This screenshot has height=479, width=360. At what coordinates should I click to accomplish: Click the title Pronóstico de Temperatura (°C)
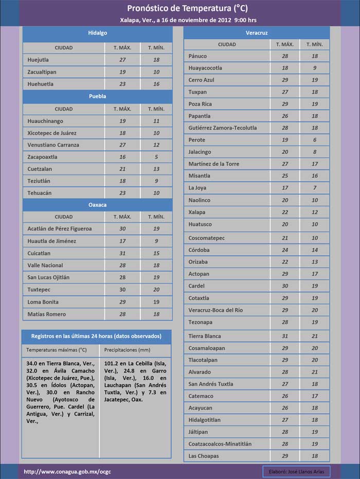[180, 8]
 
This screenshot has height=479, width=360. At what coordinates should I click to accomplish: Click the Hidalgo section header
[97, 33]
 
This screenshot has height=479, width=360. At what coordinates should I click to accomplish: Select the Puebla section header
[97, 96]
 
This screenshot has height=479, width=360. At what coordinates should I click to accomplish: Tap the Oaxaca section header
[97, 205]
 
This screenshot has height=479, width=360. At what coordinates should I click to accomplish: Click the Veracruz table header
[256, 33]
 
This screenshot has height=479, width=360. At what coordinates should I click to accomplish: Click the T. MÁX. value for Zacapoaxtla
[122, 157]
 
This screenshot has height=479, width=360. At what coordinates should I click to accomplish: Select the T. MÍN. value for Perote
[314, 140]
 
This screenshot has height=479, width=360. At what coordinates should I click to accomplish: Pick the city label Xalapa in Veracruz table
[197, 212]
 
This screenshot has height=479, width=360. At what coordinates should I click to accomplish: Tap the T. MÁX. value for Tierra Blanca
[285, 336]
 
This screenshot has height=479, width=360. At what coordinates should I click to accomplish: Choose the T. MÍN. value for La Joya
[314, 188]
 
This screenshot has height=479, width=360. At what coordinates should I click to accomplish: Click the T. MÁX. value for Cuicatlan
[122, 253]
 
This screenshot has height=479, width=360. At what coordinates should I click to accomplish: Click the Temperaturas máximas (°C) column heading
[57, 350]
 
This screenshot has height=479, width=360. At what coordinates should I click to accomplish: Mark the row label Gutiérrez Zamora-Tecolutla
[223, 128]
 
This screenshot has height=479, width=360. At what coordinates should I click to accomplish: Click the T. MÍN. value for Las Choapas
[314, 456]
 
